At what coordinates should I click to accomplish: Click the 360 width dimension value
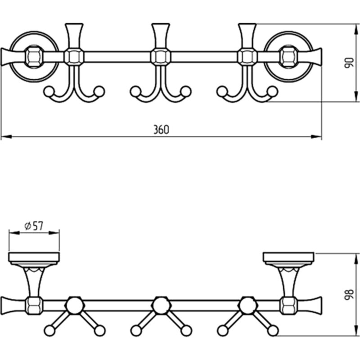pyautogui.click(x=161, y=130)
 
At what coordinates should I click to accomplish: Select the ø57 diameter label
pyautogui.click(x=34, y=226)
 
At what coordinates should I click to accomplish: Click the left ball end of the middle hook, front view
pyautogui.click(x=135, y=91)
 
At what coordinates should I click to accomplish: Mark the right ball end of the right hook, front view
pyautogui.click(x=272, y=91)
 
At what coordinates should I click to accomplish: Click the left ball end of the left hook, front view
pyautogui.click(x=49, y=91)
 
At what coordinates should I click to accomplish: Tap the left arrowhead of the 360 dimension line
pyautogui.click(x=6, y=137)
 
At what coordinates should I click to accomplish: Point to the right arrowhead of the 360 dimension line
pyautogui.click(x=316, y=137)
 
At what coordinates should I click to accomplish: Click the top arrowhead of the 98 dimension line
pyautogui.click(x=356, y=259)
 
